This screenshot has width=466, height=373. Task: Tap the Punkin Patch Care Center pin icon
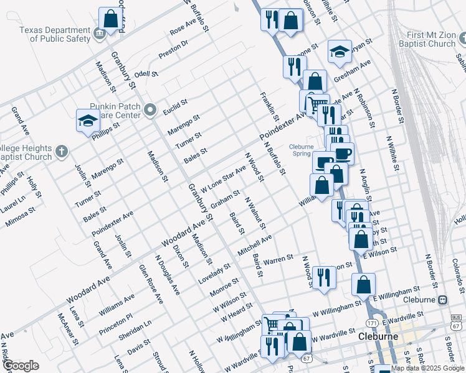(x=150, y=111)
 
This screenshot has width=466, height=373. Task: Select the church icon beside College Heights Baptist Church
(x=61, y=151)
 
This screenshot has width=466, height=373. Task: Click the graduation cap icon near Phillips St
(x=88, y=121)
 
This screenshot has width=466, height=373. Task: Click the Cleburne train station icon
(x=442, y=299)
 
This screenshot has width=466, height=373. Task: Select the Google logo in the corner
(x=21, y=366)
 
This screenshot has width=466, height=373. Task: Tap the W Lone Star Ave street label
(x=223, y=178)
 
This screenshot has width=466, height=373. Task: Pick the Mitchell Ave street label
(x=254, y=245)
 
